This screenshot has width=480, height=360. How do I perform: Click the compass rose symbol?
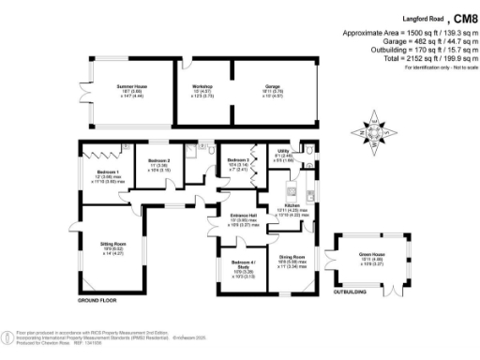point(374,133)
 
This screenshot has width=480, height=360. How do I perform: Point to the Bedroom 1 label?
point(106,172)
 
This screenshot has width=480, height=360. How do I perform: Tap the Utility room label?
point(282,150)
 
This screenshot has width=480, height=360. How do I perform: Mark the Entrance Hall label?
point(244,216)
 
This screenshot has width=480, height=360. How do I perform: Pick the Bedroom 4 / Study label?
point(244,262)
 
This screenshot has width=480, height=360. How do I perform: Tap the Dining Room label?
point(292,257)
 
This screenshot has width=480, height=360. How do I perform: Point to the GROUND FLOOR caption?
point(97,301)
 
